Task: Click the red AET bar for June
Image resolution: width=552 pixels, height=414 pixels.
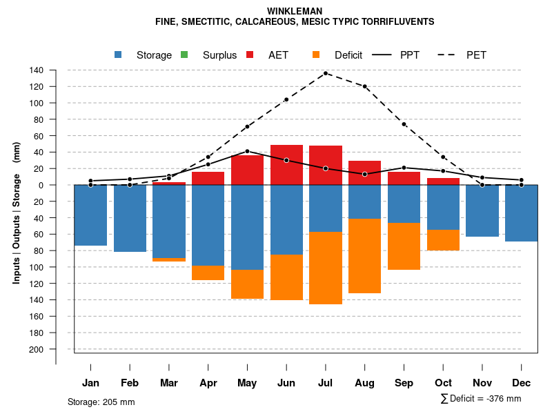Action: click(286, 165)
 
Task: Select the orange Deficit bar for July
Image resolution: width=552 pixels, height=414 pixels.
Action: click(326, 268)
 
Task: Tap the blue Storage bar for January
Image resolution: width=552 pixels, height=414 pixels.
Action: click(90, 215)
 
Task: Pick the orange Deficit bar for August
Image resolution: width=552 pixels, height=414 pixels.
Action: click(364, 256)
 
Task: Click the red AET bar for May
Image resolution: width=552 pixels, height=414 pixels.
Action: click(247, 170)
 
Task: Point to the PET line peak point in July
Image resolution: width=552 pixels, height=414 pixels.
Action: click(326, 73)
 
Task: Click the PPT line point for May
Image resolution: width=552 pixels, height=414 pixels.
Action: click(247, 151)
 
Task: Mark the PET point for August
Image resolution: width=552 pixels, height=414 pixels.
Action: click(364, 86)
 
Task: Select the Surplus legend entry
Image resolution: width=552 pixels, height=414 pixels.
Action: click(210, 55)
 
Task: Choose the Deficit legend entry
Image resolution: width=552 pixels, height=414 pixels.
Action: click(338, 55)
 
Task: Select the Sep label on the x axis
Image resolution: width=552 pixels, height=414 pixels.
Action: click(404, 383)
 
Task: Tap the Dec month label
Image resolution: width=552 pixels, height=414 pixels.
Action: click(522, 383)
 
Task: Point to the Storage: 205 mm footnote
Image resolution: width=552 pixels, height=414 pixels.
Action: click(101, 402)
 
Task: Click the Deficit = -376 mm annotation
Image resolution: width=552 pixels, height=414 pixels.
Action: click(481, 399)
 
